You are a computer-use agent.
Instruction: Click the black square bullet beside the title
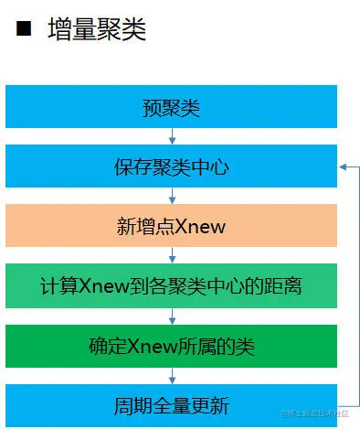point(24,28)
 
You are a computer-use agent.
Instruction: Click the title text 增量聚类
point(97,29)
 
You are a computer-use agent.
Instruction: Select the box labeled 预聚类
point(171,106)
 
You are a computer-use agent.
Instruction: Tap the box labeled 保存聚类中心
point(171,166)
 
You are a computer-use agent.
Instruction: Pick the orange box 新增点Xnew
point(171,225)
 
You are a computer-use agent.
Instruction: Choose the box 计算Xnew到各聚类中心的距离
point(171,285)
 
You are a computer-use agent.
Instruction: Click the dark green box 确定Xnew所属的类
point(171,346)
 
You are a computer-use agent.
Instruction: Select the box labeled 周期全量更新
point(171,405)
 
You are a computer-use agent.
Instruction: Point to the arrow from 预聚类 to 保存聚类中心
point(172,136)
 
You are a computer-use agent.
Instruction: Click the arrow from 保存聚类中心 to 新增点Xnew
point(172,196)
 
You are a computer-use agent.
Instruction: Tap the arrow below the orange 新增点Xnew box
point(172,255)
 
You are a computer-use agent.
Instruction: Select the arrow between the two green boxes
point(172,316)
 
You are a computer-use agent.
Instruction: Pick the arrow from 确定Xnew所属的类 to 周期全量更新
point(172,376)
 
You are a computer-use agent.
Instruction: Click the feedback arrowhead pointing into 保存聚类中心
point(343,166)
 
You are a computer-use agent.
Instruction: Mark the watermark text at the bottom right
point(314,413)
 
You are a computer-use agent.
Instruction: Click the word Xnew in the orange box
point(200,227)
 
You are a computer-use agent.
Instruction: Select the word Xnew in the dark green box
point(152,347)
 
